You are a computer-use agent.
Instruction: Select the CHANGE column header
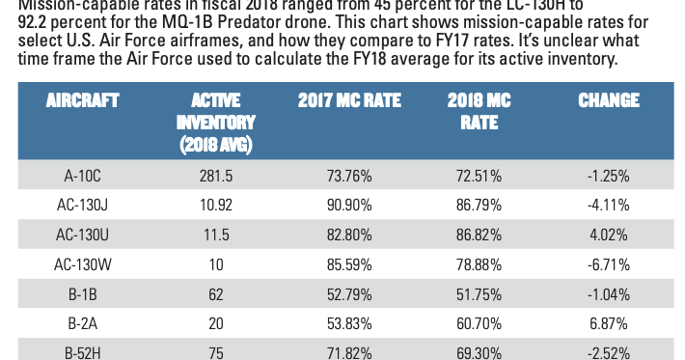[x=608, y=101]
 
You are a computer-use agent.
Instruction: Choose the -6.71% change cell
[x=608, y=263]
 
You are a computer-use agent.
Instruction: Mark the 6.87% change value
[x=608, y=321]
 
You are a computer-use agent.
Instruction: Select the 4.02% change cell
[x=608, y=235]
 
